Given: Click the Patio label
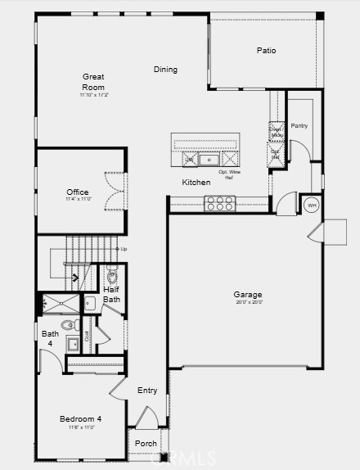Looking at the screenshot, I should (x=266, y=51).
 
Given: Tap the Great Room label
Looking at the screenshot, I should (x=93, y=81).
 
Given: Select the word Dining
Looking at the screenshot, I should (x=165, y=70).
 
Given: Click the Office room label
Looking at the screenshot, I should (x=78, y=192).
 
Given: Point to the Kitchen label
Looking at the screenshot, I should (x=196, y=183).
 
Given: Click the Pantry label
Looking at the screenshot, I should (x=299, y=125).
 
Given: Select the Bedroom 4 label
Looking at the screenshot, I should (x=81, y=419).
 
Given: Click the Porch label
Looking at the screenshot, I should (x=146, y=444).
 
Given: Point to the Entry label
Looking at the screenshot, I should (x=147, y=391).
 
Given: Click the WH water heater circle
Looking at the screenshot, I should (x=311, y=205).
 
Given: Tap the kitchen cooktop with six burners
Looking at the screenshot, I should (x=220, y=203).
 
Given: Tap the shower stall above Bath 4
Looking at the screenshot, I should (x=61, y=305).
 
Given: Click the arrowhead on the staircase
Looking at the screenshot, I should (x=75, y=277).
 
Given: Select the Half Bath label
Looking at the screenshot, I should (x=112, y=294).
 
